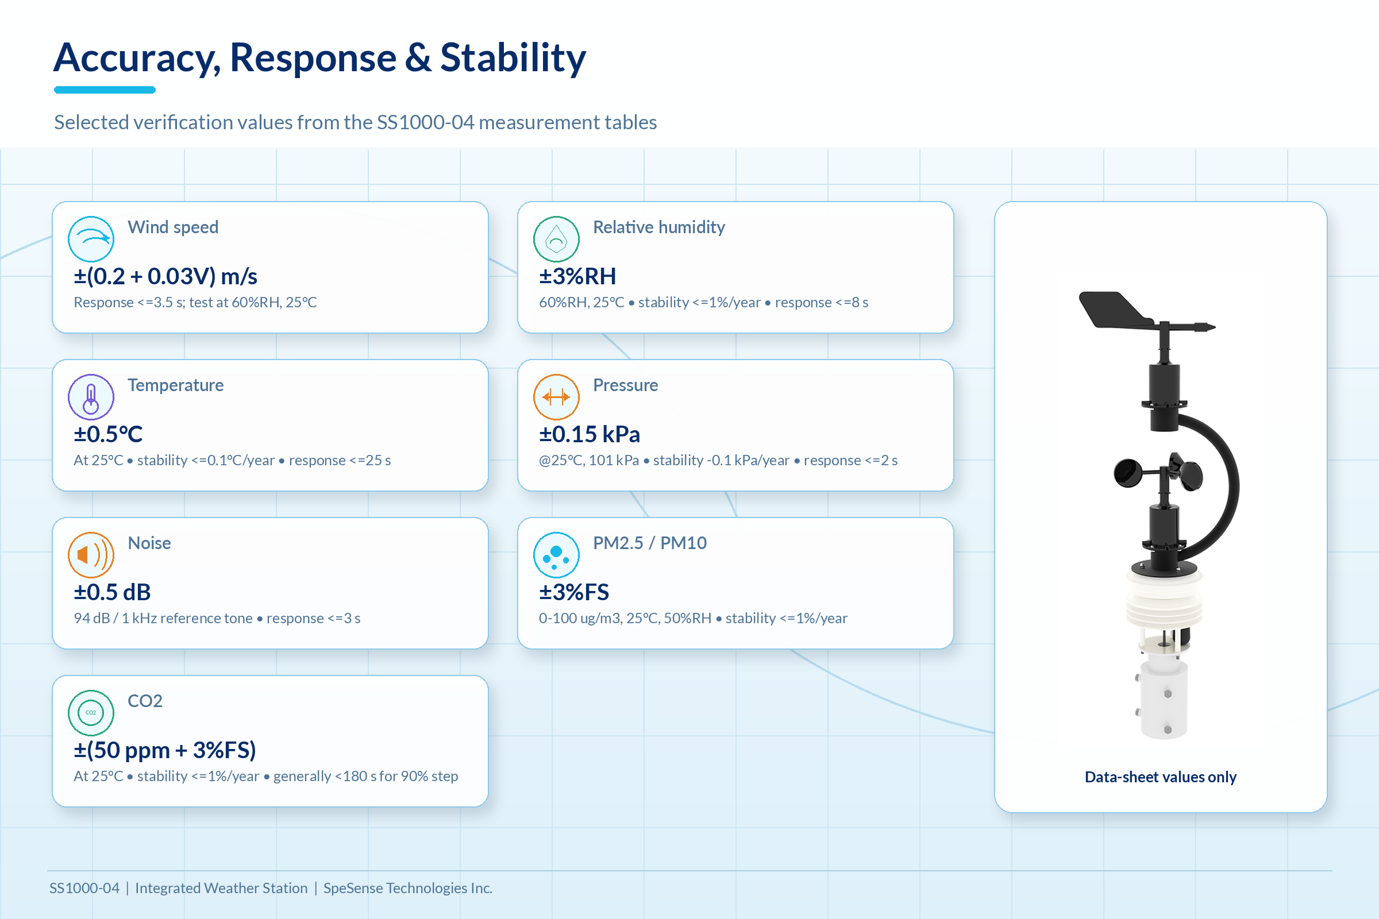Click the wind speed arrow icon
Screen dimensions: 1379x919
[91, 239]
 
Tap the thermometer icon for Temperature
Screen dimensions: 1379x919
[91, 397]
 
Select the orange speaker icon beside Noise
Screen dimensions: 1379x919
[91, 555]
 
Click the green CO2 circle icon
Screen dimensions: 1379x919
[91, 713]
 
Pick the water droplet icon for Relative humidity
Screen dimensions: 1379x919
[556, 239]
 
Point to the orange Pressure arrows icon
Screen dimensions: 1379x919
[556, 397]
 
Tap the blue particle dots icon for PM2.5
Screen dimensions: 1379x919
[556, 555]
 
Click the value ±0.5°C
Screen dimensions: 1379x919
[109, 434]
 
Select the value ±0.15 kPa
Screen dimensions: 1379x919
[590, 434]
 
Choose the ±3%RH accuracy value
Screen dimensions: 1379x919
[577, 276]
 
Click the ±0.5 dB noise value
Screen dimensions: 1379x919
[112, 592]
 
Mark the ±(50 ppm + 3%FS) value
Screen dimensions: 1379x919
[165, 750]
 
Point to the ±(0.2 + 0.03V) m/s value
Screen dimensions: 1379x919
[165, 276]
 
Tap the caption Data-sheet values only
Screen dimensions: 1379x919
[1160, 777]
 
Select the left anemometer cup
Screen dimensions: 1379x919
[1127, 473]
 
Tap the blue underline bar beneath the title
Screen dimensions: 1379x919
[105, 90]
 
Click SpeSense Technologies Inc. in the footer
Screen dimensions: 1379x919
[407, 888]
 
